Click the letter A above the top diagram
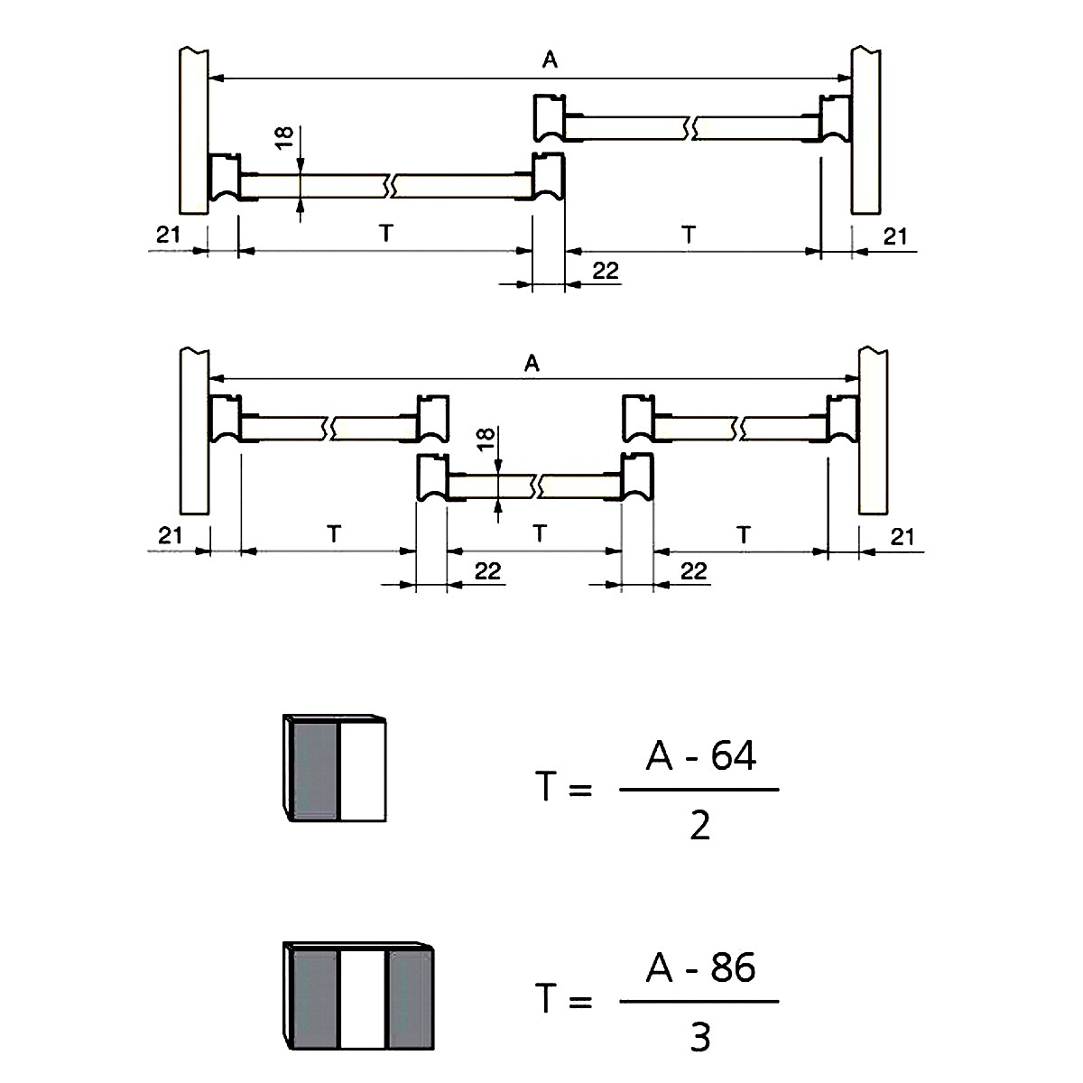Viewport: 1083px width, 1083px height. pyautogui.click(x=550, y=60)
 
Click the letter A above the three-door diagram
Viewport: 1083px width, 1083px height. pyautogui.click(x=532, y=363)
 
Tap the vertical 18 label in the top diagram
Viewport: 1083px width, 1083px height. pyautogui.click(x=285, y=137)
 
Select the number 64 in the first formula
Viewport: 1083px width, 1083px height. pyautogui.click(x=734, y=755)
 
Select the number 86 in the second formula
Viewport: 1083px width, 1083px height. pyautogui.click(x=733, y=967)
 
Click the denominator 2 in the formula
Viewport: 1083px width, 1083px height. pyautogui.click(x=699, y=825)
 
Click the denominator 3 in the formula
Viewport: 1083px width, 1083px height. pyautogui.click(x=699, y=1037)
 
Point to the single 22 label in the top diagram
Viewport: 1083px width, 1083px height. pyautogui.click(x=606, y=271)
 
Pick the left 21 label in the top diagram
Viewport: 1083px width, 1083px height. pyautogui.click(x=168, y=235)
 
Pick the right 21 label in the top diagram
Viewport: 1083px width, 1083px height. pyautogui.click(x=894, y=236)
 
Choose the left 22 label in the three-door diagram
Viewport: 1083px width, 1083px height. pyautogui.click(x=487, y=571)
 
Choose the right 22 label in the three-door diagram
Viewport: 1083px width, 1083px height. pyautogui.click(x=693, y=571)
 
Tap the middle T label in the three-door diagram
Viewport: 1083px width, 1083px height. pyautogui.click(x=540, y=532)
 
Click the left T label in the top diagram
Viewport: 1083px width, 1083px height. pyautogui.click(x=385, y=233)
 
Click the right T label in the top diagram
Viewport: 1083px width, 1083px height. pyautogui.click(x=689, y=234)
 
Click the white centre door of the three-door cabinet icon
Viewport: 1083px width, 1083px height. pyautogui.click(x=363, y=1000)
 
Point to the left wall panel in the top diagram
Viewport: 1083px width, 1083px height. pyautogui.click(x=194, y=132)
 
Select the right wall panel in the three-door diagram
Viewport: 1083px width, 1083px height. pyautogui.click(x=874, y=431)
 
